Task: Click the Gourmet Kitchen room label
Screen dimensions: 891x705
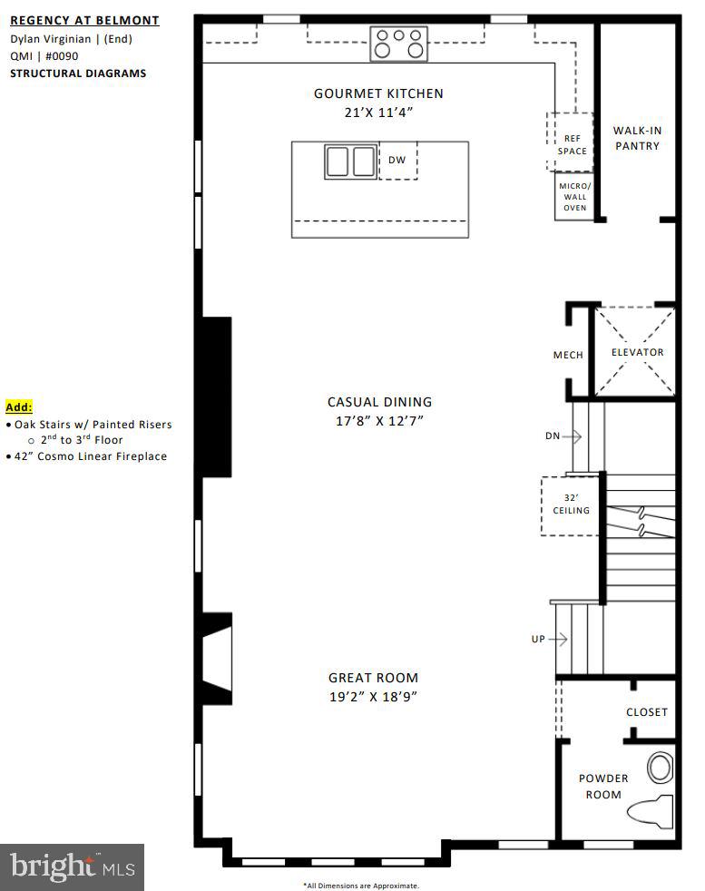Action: point(378,93)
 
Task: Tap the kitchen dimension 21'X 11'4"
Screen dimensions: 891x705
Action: point(378,113)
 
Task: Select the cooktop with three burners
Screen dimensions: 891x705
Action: point(399,43)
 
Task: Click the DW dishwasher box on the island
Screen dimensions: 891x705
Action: point(397,161)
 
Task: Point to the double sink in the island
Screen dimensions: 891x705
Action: point(350,162)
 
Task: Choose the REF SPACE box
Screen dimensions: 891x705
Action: point(571,144)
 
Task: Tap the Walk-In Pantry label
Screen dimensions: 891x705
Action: point(636,138)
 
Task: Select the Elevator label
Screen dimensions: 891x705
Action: point(637,352)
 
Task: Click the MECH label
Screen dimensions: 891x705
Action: point(568,355)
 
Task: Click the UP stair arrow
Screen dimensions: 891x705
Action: point(550,640)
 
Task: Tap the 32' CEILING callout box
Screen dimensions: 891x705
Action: point(572,504)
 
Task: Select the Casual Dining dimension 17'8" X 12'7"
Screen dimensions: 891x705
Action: point(379,421)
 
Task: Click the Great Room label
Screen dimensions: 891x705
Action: point(373,678)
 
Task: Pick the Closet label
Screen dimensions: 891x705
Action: point(646,712)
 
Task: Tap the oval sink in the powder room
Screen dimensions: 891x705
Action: point(661,768)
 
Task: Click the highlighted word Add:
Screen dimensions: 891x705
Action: point(18,407)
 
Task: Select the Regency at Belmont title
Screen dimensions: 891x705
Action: point(84,20)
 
